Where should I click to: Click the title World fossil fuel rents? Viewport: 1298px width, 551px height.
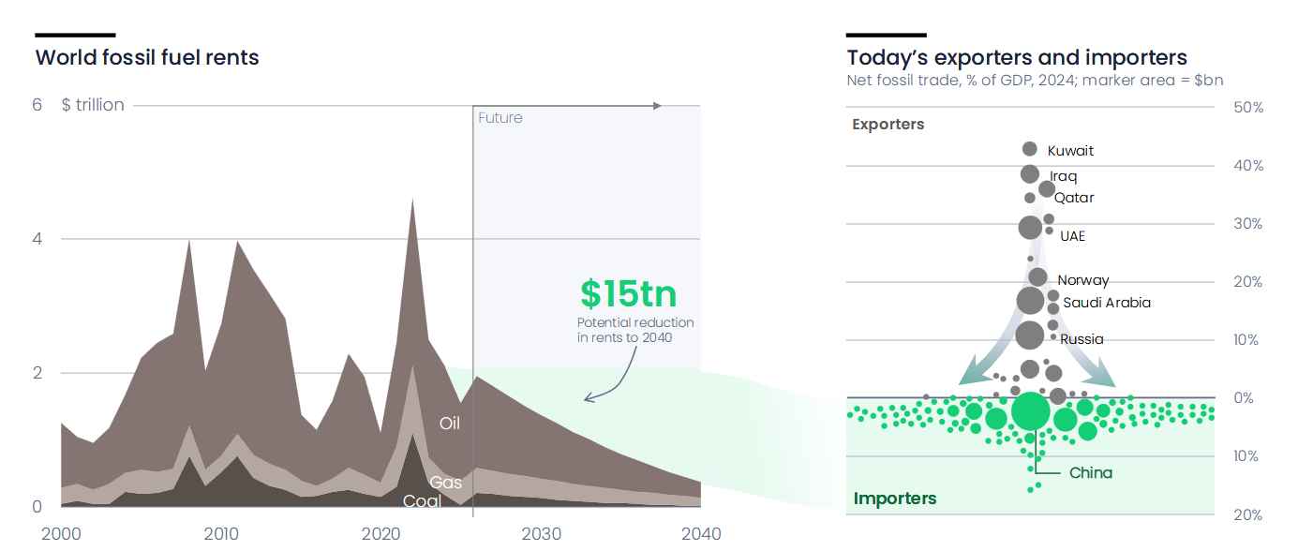point(147,57)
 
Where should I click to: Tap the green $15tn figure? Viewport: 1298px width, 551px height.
point(628,293)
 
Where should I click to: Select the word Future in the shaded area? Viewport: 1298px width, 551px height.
point(500,118)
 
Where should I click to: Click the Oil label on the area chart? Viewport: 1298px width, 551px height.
point(450,423)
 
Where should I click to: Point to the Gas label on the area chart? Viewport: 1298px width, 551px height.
point(445,482)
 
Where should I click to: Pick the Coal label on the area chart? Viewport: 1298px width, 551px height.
point(422,500)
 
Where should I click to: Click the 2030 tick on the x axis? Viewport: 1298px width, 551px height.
point(541,533)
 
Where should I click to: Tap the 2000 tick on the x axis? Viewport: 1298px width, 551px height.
point(61,533)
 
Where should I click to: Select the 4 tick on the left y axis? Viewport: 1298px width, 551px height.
point(37,239)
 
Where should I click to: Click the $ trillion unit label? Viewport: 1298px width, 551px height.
point(93,105)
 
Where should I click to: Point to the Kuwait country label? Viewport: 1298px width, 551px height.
point(1070,151)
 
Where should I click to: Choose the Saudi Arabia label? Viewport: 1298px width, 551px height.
point(1107,303)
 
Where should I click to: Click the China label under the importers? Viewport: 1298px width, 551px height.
point(1091,473)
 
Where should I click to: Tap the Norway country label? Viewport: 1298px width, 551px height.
point(1083,280)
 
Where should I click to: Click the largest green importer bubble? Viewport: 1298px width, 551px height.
point(1030,410)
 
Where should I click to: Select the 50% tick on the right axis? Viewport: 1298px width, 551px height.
point(1248,107)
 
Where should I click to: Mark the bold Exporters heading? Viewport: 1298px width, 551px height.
point(888,124)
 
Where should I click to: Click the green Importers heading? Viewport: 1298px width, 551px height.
point(895,499)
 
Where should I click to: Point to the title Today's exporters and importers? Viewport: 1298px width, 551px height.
point(1017,57)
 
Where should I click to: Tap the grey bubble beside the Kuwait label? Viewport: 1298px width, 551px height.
point(1030,149)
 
